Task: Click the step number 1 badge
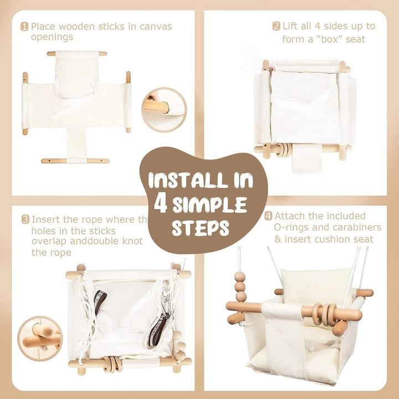click(x=24, y=26)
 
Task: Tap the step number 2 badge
click(x=276, y=26)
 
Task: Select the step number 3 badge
click(x=25, y=219)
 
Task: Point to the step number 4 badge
click(x=268, y=216)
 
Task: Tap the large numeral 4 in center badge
click(x=161, y=204)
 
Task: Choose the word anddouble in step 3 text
click(x=95, y=241)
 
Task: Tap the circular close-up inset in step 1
click(x=165, y=110)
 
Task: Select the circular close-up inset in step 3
click(x=40, y=337)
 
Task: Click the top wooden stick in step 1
click(x=77, y=54)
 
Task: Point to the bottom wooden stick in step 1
click(x=75, y=161)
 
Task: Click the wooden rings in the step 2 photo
click(x=283, y=149)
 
